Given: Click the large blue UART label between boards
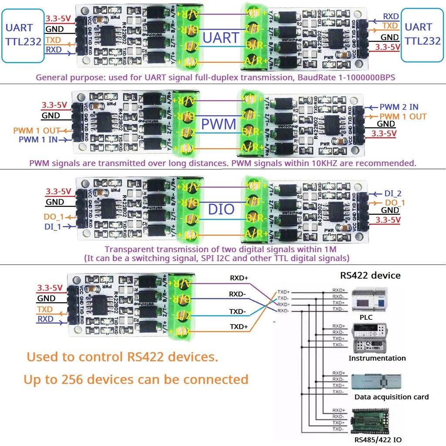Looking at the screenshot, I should (221, 38).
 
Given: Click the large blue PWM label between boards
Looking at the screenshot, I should (218, 124).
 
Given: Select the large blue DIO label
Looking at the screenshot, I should (221, 209).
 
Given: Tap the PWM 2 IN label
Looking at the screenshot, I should (399, 107).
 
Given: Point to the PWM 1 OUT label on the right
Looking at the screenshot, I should (403, 116).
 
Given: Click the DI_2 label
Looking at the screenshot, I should (393, 193).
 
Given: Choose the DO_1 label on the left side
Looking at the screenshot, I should (54, 216).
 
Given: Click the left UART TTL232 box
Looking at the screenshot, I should (22, 34).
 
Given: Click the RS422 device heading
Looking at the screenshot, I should (370, 275).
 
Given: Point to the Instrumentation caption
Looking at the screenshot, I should (377, 358).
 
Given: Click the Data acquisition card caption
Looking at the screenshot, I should (391, 397).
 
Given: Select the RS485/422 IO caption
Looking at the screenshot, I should (378, 439).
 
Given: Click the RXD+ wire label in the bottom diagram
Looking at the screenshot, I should (240, 277).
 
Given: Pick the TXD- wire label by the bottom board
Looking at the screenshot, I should (238, 311).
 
